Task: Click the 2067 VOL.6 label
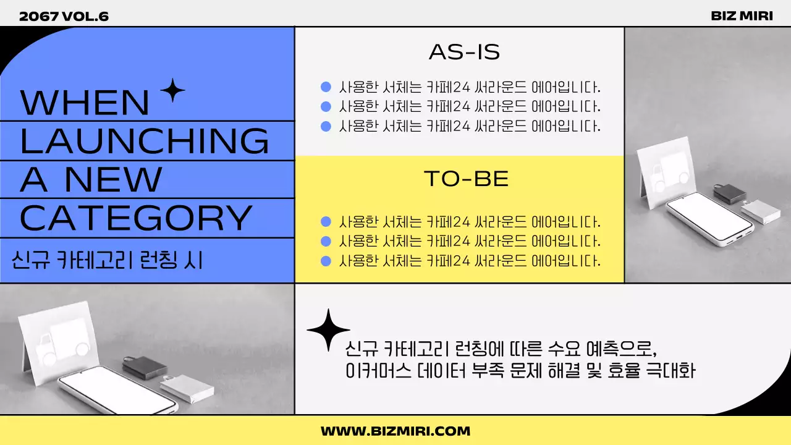tap(64, 16)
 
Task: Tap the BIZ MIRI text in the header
tap(742, 16)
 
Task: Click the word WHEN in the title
tap(85, 103)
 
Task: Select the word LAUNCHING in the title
tap(145, 140)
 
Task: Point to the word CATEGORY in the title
tap(136, 217)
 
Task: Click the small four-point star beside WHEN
tap(172, 91)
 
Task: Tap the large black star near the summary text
tap(328, 331)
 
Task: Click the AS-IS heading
tap(464, 53)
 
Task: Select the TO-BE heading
tap(466, 179)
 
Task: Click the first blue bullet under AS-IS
tap(326, 87)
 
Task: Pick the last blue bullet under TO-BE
tap(326, 261)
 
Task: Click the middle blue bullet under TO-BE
tap(326, 241)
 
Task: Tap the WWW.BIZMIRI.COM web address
tap(395, 431)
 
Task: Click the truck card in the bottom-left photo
tap(59, 337)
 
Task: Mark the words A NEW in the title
tap(91, 179)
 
